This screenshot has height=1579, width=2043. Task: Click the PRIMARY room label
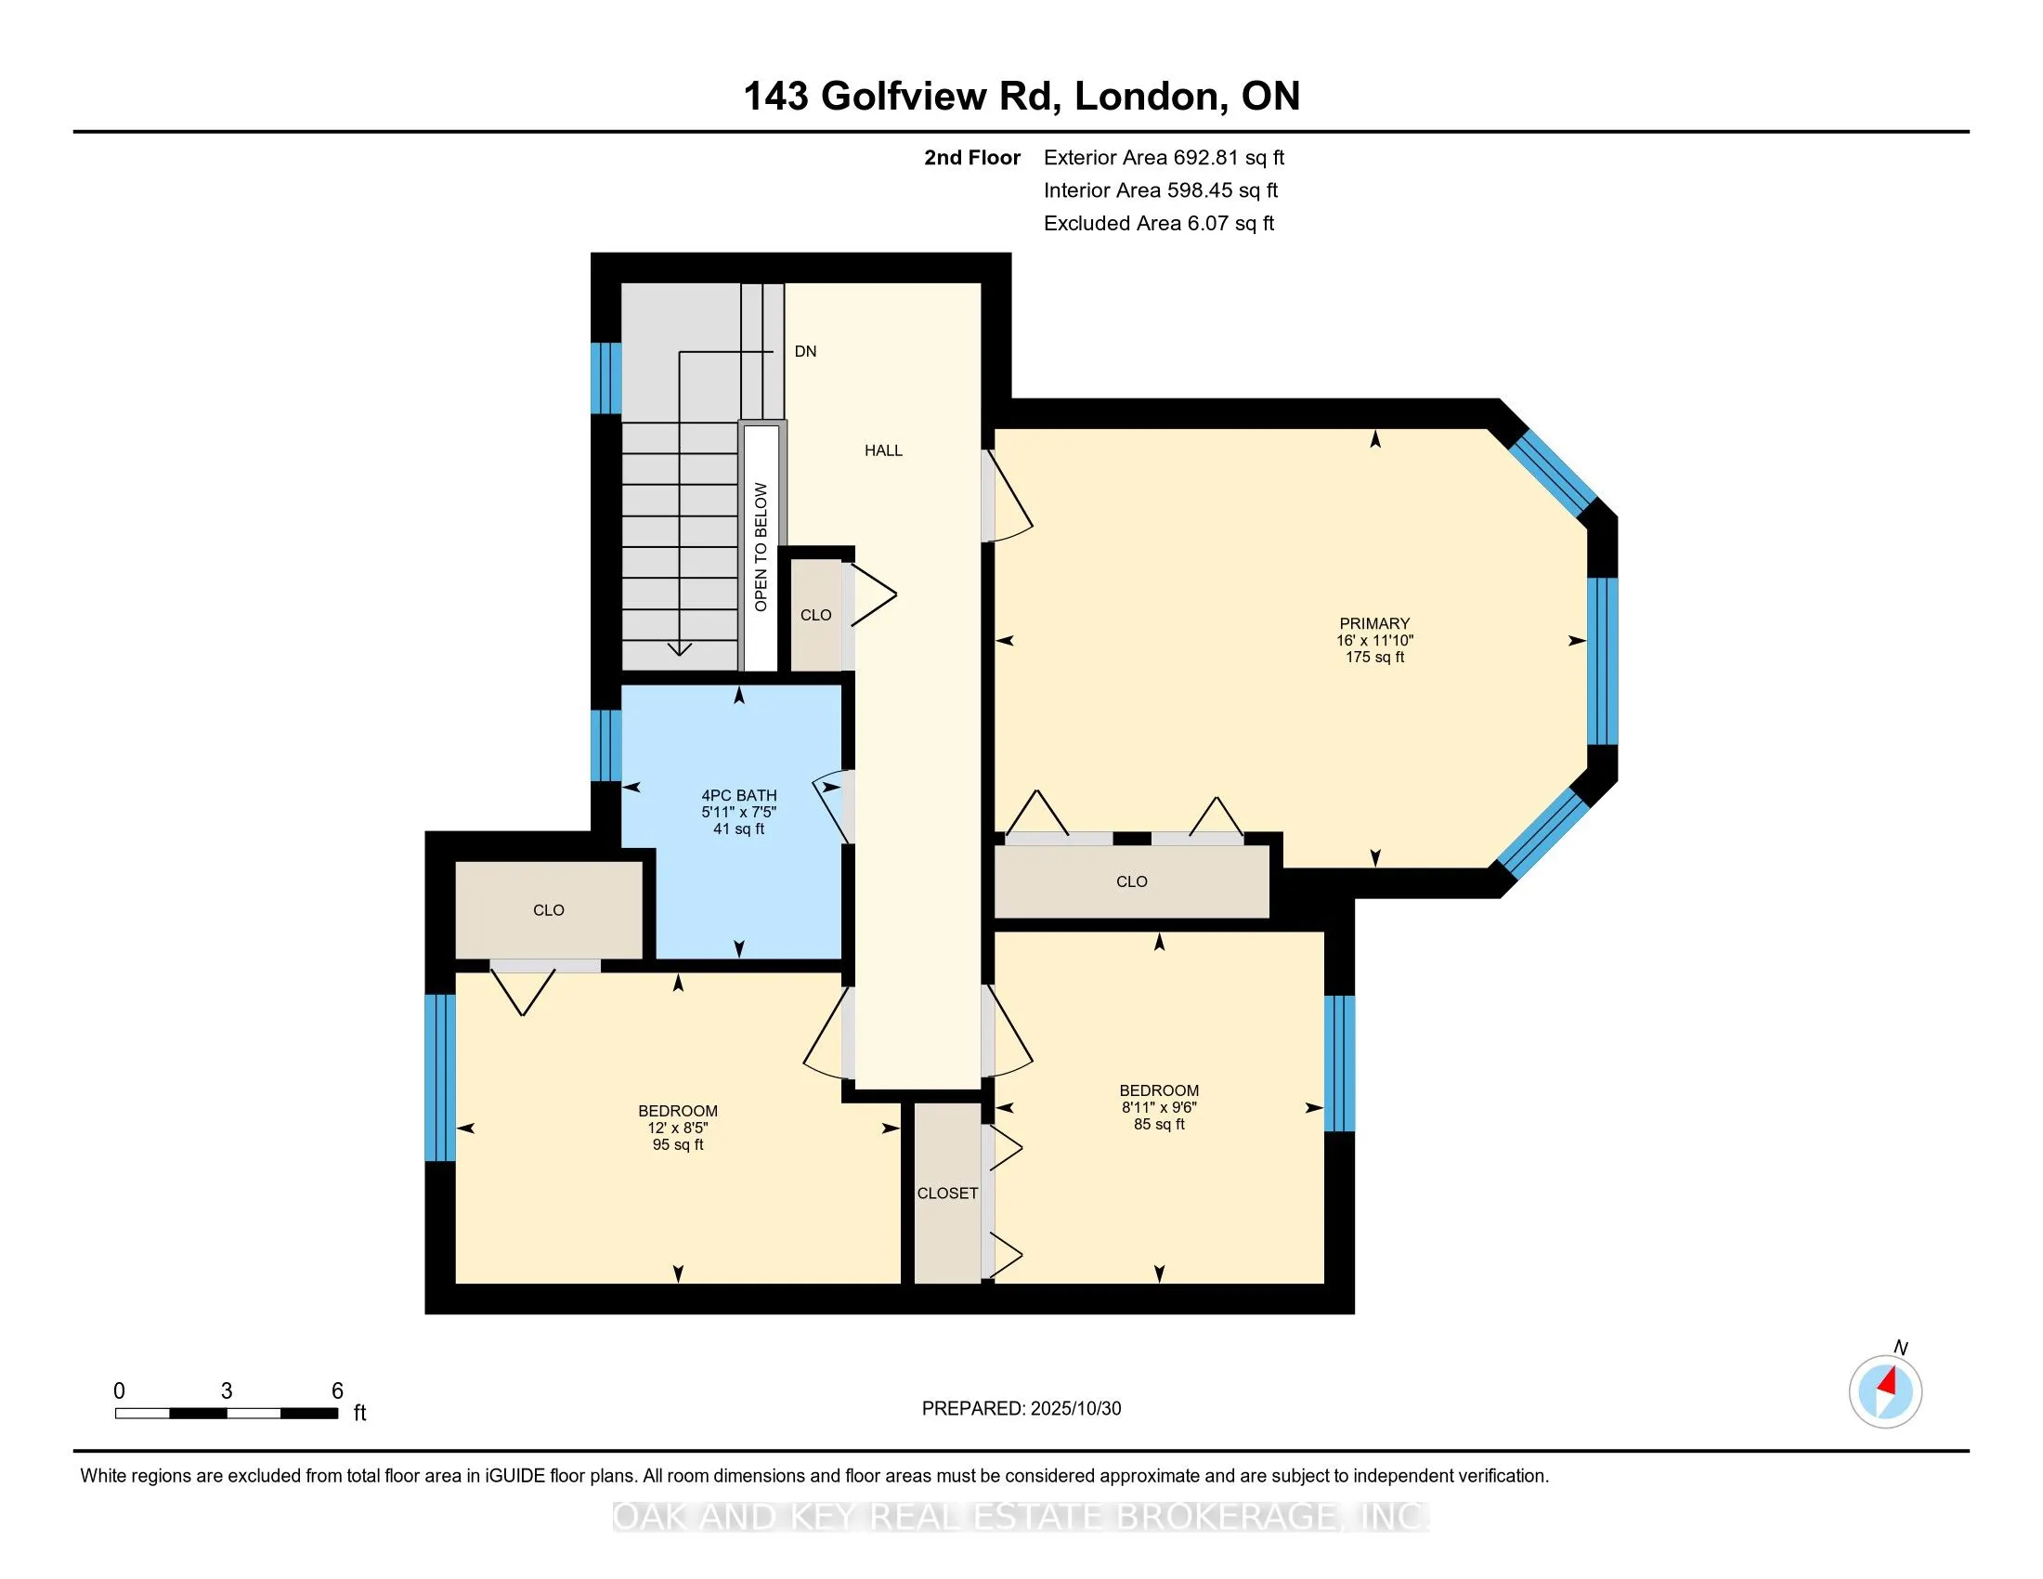(x=1373, y=623)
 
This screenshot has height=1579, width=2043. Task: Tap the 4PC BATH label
(x=739, y=795)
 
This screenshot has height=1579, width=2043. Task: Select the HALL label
(x=883, y=450)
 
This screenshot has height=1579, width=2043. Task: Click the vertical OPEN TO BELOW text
(x=761, y=547)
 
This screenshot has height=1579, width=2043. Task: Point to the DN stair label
(x=805, y=352)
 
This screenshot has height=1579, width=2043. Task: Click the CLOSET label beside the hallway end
(x=946, y=1193)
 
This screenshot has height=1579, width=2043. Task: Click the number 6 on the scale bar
(x=338, y=1391)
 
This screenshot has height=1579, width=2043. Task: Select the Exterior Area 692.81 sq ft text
(x=1164, y=158)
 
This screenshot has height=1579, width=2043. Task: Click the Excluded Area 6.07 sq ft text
(x=1158, y=224)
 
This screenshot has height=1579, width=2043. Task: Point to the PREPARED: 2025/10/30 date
(x=1021, y=1409)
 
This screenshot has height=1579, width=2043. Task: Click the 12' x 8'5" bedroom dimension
(x=677, y=1129)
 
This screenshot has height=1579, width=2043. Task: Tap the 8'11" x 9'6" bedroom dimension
(x=1159, y=1107)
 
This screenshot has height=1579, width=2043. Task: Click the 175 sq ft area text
(x=1374, y=658)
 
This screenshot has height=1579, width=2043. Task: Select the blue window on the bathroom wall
(x=606, y=746)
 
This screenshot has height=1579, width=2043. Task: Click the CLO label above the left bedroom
(x=548, y=910)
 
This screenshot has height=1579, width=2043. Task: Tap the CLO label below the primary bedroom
(x=1131, y=881)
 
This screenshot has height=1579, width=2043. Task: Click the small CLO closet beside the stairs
(x=815, y=615)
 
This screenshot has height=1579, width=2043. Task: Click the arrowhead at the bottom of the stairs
(x=679, y=648)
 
